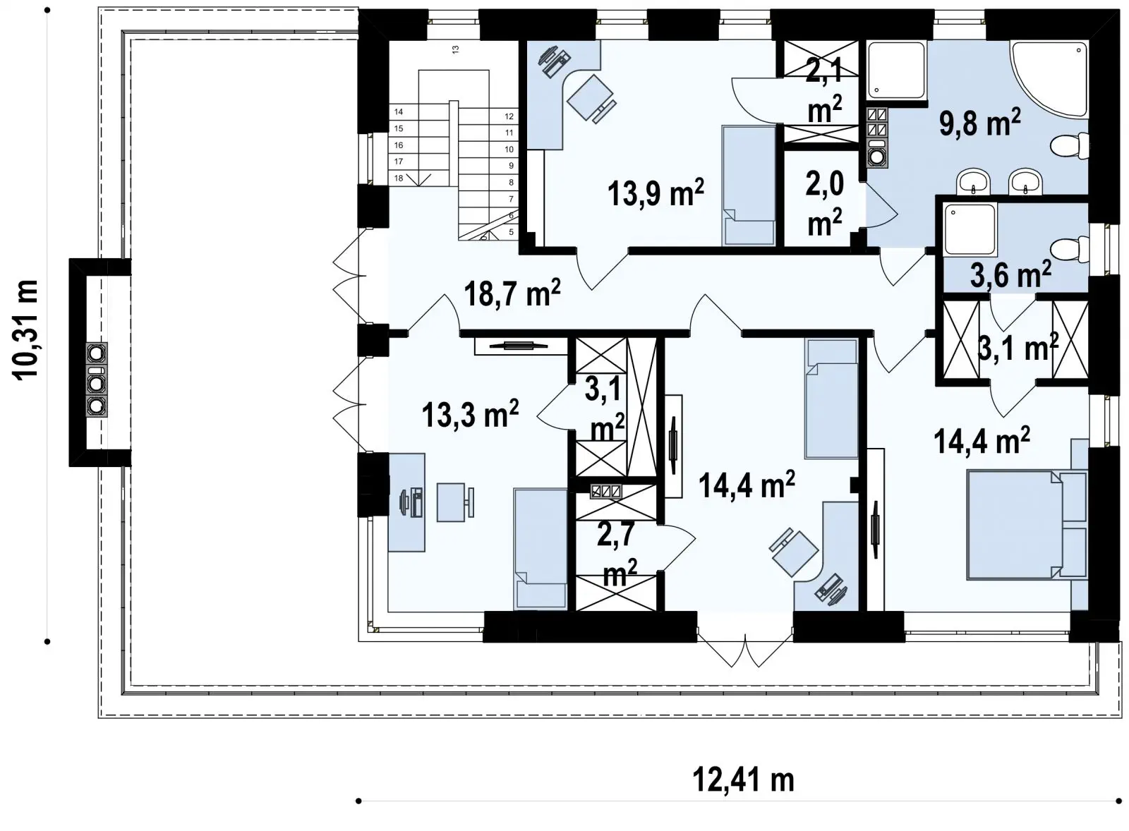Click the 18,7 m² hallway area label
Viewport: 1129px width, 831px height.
pyautogui.click(x=512, y=293)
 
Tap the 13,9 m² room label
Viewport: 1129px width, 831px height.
pyautogui.click(x=656, y=193)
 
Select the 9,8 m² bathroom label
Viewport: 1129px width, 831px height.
pyautogui.click(x=980, y=123)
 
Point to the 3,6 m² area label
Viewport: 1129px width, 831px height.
pyautogui.click(x=1010, y=274)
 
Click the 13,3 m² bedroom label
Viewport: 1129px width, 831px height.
pyautogui.click(x=470, y=415)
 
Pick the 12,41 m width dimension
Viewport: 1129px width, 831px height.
pyautogui.click(x=743, y=780)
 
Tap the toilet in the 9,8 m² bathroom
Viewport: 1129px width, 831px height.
pyautogui.click(x=1070, y=146)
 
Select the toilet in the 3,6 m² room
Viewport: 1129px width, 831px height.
pyautogui.click(x=1070, y=249)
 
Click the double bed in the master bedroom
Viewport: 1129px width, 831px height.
pyautogui.click(x=1027, y=525)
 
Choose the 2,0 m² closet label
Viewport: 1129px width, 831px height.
pyautogui.click(x=825, y=203)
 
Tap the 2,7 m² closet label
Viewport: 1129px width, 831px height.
pyautogui.click(x=617, y=553)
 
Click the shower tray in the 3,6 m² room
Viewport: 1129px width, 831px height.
pyautogui.click(x=971, y=229)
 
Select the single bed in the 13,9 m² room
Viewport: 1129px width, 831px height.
pyautogui.click(x=749, y=186)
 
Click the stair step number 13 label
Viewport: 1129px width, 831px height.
pyautogui.click(x=455, y=49)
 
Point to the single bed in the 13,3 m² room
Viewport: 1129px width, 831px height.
pyautogui.click(x=541, y=548)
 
